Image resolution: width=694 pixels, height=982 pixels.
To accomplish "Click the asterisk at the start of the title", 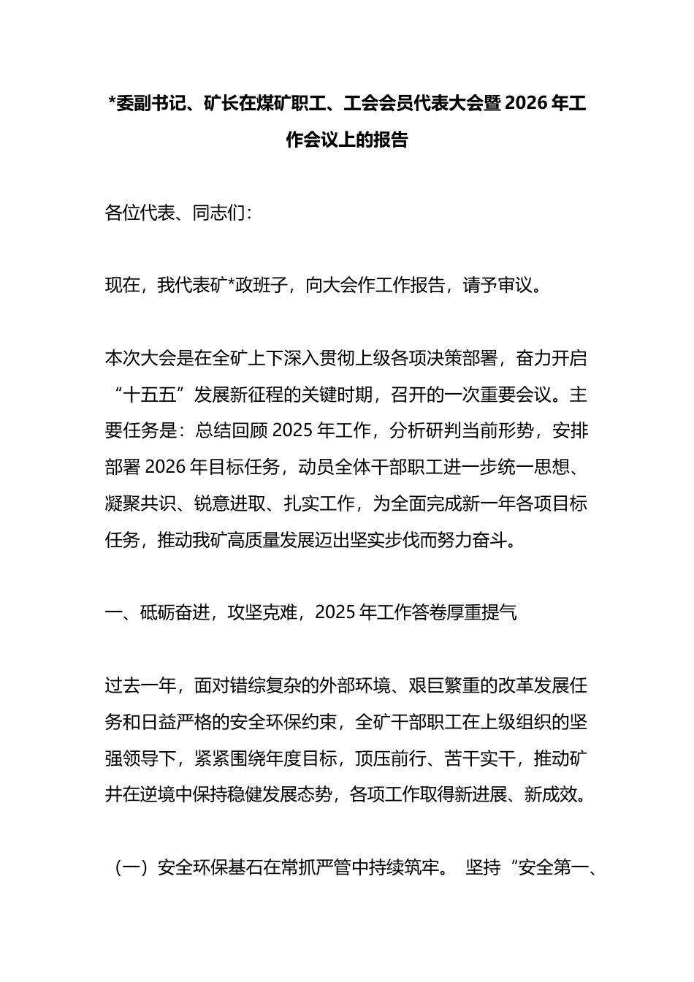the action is click(111, 105).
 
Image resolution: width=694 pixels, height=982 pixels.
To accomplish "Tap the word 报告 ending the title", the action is click(390, 140).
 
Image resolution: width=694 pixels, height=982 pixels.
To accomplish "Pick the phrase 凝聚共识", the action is click(140, 503).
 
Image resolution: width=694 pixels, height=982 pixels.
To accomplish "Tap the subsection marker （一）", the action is click(131, 868).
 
